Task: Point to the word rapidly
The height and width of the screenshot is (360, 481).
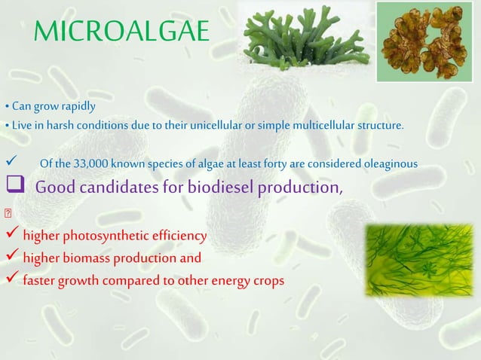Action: point(78,106)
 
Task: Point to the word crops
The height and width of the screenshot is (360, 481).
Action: point(268,281)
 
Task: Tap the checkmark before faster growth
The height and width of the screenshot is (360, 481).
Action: point(12,280)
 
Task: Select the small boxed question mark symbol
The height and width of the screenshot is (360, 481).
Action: point(8,213)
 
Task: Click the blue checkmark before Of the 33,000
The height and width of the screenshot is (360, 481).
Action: point(10,163)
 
